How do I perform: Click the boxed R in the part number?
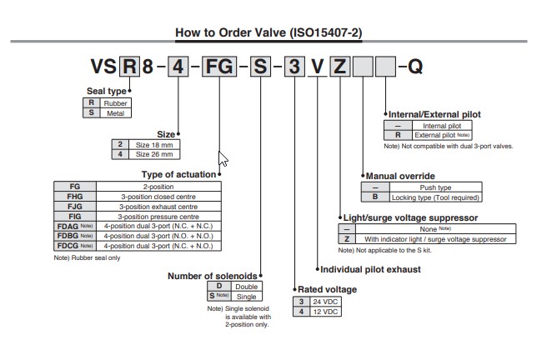130,65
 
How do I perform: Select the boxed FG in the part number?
218,65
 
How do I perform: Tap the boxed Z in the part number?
340,65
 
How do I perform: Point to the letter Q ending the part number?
414,65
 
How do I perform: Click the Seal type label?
108,91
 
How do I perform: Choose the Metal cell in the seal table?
115,112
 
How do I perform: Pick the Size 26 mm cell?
155,154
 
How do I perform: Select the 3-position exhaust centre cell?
158,207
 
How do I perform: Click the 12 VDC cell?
325,311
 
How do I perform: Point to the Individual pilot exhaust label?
371,269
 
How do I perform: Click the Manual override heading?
400,177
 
